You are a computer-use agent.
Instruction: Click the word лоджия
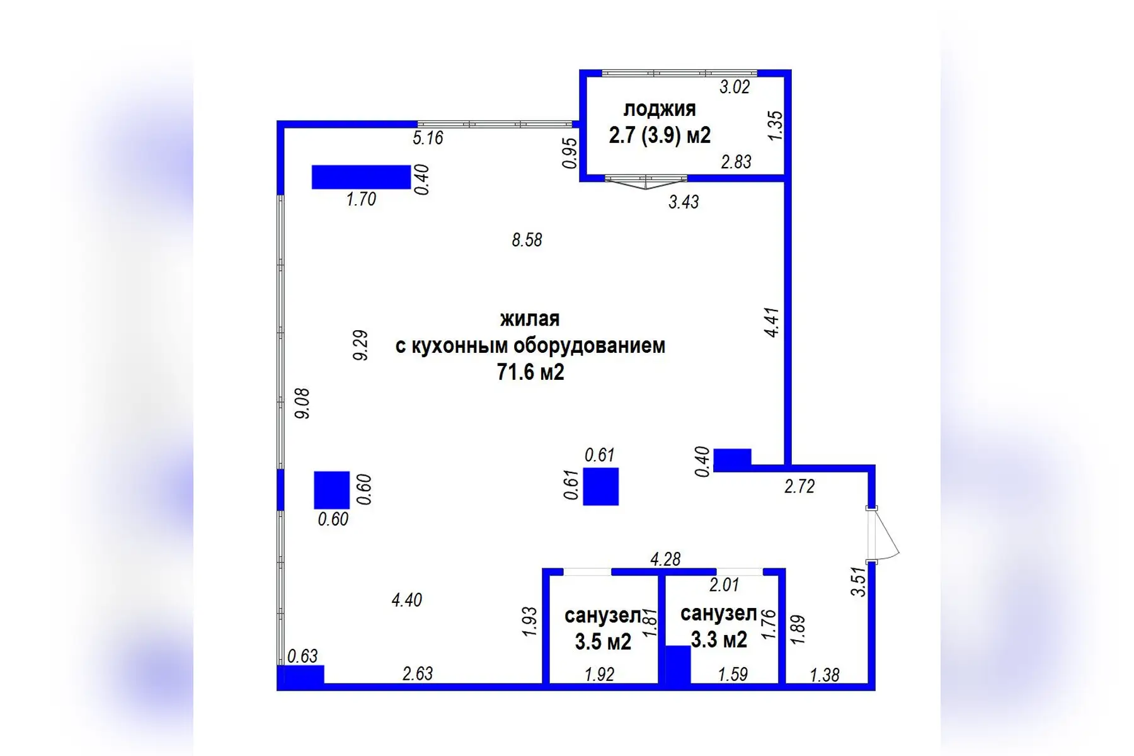tap(659, 109)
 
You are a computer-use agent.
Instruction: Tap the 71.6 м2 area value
tap(530, 372)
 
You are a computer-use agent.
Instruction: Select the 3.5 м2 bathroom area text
tap(602, 642)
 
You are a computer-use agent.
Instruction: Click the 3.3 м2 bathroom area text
tap(718, 640)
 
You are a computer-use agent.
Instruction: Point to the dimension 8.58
tap(527, 240)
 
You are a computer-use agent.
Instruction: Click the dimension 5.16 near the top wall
tap(428, 137)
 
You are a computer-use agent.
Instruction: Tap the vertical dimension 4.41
tap(772, 322)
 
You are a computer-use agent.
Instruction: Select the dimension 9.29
tap(360, 345)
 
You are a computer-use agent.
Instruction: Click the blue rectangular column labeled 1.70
tap(361, 177)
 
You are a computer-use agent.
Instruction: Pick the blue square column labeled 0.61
tap(600, 486)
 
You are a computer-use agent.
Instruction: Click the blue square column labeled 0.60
tap(331, 490)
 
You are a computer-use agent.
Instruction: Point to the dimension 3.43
tap(684, 202)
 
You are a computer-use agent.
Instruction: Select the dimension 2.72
tap(799, 486)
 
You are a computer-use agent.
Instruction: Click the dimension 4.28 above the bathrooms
tap(665, 559)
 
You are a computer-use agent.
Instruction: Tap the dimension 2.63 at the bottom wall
tap(417, 673)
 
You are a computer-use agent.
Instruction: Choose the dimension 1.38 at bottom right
tap(824, 675)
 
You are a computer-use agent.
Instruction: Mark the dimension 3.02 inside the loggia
tap(735, 87)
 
